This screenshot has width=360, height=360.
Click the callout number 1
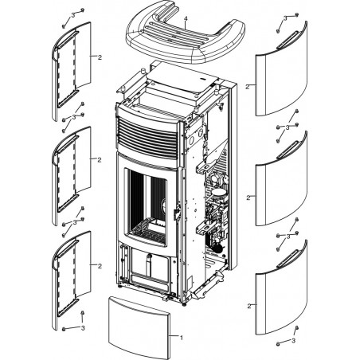point(182,338)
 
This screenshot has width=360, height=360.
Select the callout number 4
point(186,18)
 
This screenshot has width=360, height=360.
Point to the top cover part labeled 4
point(186,33)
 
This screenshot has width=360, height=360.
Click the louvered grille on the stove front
point(147,137)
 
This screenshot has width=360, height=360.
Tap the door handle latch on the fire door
point(177,213)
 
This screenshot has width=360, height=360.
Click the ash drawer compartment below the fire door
point(150,268)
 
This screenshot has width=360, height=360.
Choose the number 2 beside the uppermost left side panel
point(100,57)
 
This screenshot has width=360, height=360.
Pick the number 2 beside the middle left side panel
point(100,160)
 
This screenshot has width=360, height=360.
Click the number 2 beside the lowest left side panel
point(100,266)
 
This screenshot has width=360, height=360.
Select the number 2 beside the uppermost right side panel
point(248,87)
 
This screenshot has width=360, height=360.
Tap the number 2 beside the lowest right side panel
point(248,306)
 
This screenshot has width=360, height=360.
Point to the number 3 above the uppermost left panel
point(73,16)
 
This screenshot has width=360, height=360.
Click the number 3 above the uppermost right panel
point(285,18)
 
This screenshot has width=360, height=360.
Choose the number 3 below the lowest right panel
point(293,340)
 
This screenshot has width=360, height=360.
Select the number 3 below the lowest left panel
point(83,328)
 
